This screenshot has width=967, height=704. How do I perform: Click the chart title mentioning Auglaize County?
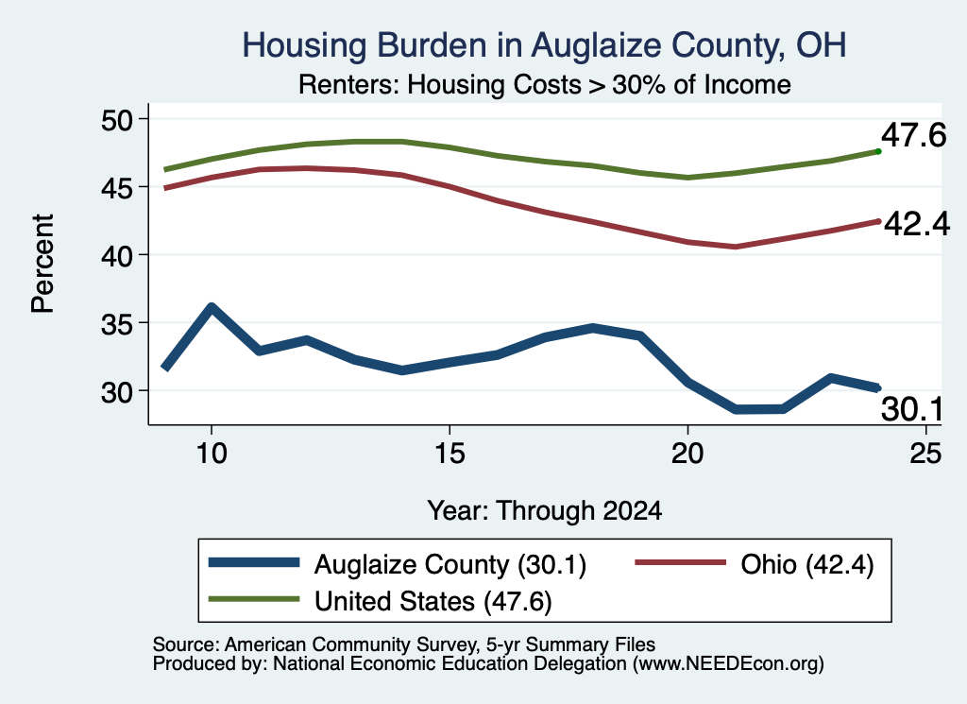544,45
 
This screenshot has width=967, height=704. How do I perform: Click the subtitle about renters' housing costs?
545,84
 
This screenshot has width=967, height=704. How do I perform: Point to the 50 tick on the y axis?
116,119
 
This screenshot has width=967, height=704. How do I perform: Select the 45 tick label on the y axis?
116,187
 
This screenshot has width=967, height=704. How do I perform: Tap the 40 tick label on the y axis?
116,255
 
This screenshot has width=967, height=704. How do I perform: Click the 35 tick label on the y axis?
116,322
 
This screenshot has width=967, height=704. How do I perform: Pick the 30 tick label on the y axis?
116,391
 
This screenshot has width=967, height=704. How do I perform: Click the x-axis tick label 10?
212,454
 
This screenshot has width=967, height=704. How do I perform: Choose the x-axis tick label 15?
450,454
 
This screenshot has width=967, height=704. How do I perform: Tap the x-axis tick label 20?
687,454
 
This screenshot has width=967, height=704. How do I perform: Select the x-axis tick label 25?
925,454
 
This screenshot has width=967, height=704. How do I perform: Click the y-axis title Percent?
43,264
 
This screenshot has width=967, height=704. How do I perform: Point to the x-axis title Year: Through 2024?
545,511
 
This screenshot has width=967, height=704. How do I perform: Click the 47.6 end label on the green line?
913,135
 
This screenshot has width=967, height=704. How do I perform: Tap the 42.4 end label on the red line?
917,224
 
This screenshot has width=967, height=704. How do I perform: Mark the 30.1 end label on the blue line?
912,409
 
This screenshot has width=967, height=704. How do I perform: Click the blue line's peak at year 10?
212,307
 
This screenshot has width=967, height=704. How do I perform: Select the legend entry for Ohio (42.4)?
755,564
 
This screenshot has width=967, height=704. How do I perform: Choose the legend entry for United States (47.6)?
381,601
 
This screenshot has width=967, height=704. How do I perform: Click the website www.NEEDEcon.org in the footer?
728,664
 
